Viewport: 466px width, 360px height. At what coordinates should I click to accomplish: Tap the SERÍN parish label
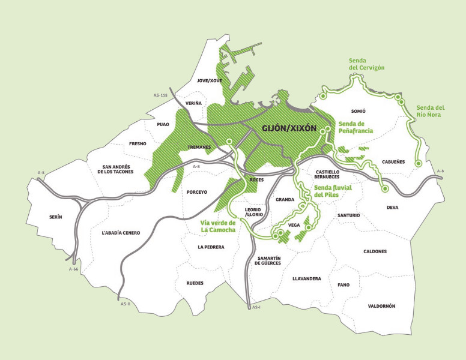(58, 217)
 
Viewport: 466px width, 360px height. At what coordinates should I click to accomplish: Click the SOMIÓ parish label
(357, 112)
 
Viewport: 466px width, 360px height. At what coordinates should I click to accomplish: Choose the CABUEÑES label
(393, 162)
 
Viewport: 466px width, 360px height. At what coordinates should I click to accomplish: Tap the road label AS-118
(160, 95)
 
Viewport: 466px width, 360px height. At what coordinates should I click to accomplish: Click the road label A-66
(74, 269)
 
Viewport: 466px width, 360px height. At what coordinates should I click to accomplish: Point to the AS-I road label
(256, 308)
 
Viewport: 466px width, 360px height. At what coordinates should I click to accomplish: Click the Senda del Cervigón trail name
(366, 64)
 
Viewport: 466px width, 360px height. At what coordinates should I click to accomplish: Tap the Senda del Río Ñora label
(430, 112)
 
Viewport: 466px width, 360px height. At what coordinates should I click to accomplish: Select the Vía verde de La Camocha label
(218, 226)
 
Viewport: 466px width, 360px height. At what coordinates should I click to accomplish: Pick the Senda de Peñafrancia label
(356, 127)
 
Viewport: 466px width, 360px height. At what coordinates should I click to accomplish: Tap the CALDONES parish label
(375, 251)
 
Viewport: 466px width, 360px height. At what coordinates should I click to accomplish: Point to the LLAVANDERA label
(306, 279)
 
